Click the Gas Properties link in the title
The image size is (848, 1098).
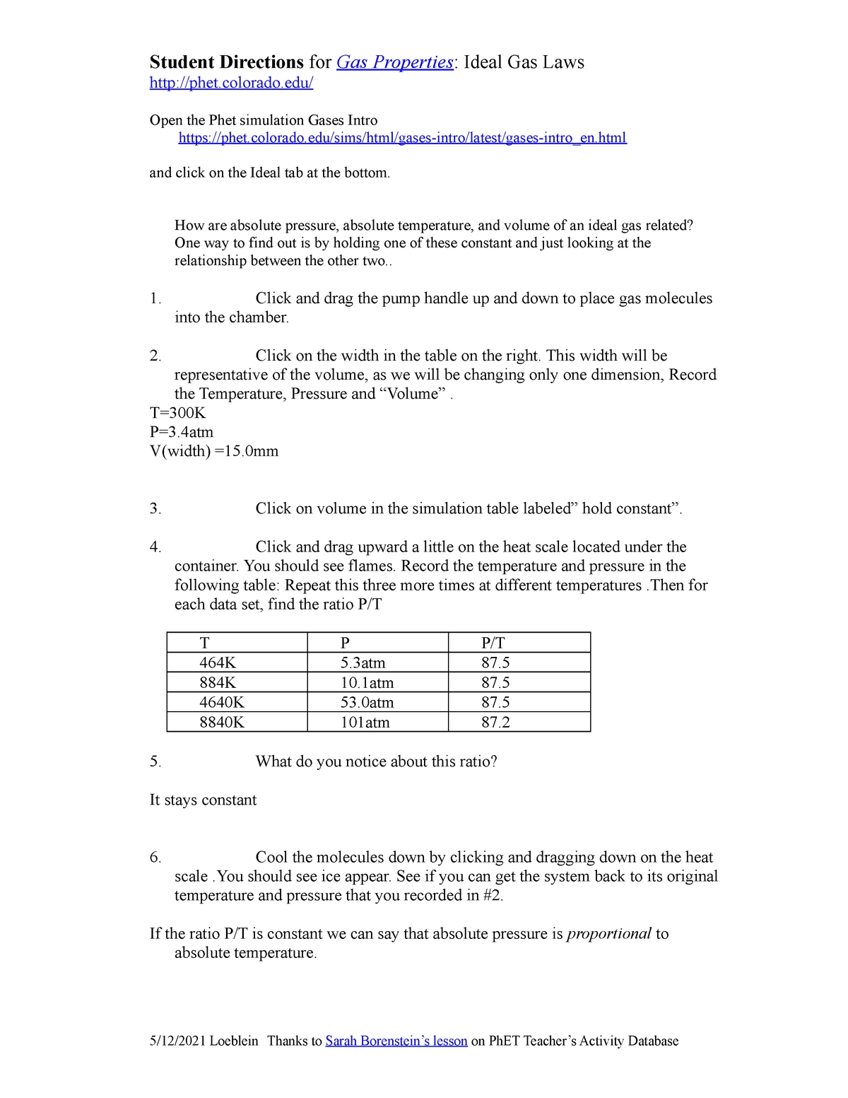click(394, 62)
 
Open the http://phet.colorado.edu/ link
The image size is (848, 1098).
click(231, 83)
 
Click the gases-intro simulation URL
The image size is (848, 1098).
click(402, 138)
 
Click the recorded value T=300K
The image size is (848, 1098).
click(177, 413)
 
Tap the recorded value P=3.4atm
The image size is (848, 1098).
click(182, 432)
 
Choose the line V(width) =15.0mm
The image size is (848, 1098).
click(214, 451)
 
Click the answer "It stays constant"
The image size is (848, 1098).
click(203, 800)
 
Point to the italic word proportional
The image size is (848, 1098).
click(608, 933)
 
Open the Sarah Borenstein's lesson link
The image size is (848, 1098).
click(396, 1041)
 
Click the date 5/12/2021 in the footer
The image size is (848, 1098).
click(177, 1041)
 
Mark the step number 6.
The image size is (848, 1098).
click(155, 857)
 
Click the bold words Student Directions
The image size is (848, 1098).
click(226, 62)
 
